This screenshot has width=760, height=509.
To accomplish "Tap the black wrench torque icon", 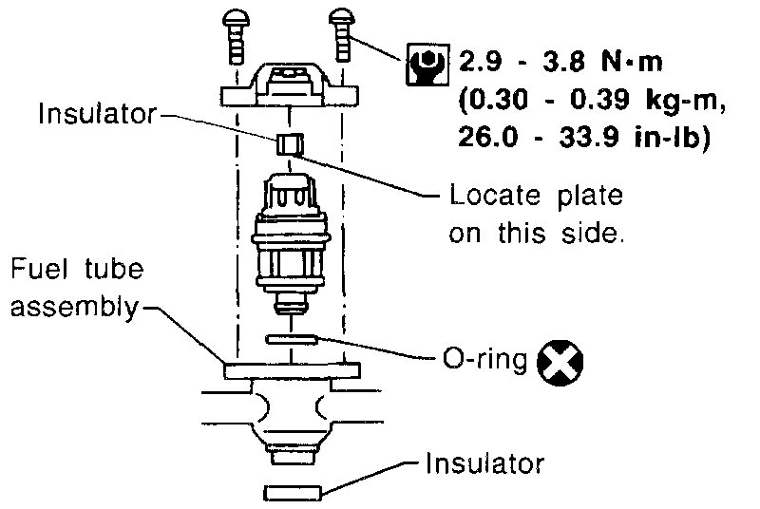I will pos(425,64).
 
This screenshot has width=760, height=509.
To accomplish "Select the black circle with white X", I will pos(560,362).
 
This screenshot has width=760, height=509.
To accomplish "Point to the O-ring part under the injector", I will pos(292,339).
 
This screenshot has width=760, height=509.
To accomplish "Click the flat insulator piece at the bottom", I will pos(292,493).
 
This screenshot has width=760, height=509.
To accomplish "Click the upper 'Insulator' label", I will pos(97,116).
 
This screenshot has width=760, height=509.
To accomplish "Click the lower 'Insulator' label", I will pos(485,464).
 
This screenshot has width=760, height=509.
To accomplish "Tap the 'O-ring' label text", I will pos(483,362).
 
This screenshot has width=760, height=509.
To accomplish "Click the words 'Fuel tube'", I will pos(77,269).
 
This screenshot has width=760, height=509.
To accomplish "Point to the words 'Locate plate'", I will pos(536,197).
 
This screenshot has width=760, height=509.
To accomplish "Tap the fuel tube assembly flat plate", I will pos(292,371).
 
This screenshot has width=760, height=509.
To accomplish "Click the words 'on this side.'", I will pos(537,234).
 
